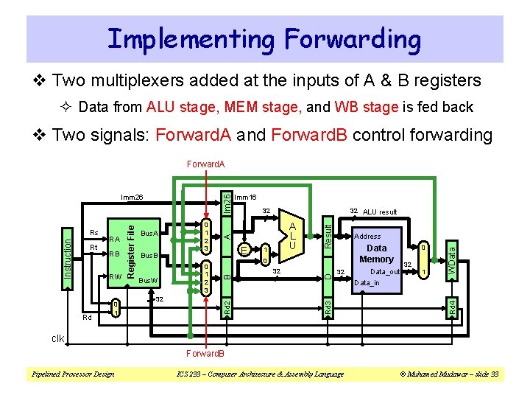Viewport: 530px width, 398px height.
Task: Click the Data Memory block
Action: (x=376, y=254)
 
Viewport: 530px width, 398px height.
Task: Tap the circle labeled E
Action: (x=244, y=251)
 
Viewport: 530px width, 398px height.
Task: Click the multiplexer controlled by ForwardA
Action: (x=207, y=236)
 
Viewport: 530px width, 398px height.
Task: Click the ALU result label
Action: (x=380, y=212)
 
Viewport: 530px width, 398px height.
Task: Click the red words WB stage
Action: (x=366, y=107)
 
